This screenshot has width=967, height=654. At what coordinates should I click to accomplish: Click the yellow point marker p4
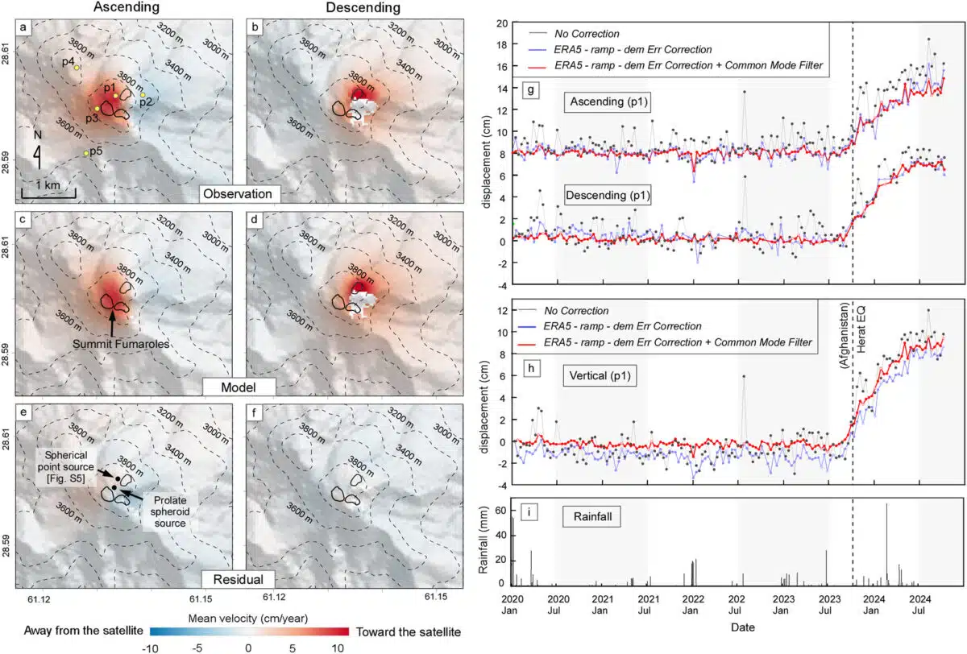pos(77,68)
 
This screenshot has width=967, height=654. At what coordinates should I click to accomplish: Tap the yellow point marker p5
pos(86,153)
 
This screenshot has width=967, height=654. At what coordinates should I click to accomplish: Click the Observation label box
pos(240,194)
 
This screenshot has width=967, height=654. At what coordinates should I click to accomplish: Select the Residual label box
pos(240,579)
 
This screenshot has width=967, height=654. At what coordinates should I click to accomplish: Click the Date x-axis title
pos(733,626)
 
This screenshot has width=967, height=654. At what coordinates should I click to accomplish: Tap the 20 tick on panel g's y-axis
pos(502,24)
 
